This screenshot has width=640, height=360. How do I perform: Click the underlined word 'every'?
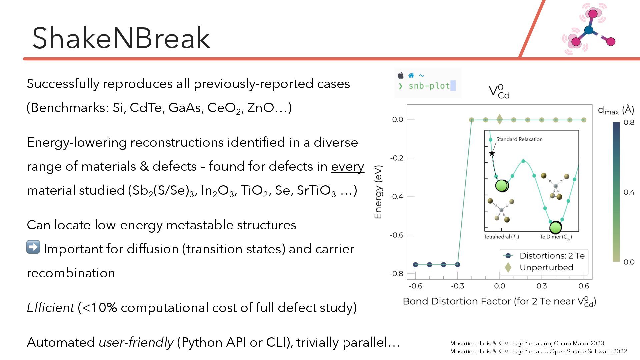click(x=347, y=166)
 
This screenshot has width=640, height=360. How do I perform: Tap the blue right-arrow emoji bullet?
click(x=33, y=247)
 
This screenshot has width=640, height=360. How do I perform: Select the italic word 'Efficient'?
click(x=50, y=307)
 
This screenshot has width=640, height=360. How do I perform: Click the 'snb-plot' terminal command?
click(x=429, y=86)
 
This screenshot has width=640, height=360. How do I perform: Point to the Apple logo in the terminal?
click(x=401, y=75)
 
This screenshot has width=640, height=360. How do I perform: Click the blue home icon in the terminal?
click(x=411, y=75)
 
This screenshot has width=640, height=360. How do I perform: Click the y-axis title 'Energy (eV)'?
click(x=378, y=192)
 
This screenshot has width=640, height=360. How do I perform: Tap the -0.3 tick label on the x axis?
click(x=457, y=286)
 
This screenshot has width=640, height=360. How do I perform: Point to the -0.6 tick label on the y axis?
click(x=397, y=235)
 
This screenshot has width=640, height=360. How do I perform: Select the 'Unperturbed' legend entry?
click(x=546, y=267)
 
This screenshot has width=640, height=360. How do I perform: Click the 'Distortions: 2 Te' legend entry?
click(x=552, y=256)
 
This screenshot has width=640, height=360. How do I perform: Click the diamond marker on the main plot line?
click(x=499, y=119)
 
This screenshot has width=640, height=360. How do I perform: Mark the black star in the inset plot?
click(x=492, y=153)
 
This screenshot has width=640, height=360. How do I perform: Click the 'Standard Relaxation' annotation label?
click(x=519, y=139)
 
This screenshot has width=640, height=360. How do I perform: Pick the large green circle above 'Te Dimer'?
click(x=555, y=227)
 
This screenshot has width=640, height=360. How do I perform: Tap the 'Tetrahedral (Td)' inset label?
click(x=501, y=237)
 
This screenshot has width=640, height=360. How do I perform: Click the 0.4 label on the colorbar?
click(x=629, y=192)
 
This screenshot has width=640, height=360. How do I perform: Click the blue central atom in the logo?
click(x=589, y=30)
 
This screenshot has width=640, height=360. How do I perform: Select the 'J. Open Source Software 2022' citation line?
click(x=538, y=351)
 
